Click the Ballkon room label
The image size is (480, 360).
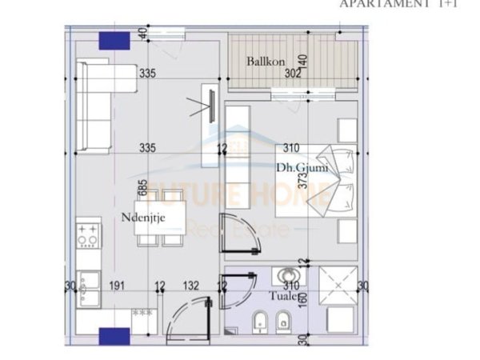(x=262, y=61)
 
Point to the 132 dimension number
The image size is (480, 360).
(x=190, y=285)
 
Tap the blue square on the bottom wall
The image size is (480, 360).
(x=114, y=337)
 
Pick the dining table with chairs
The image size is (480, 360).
(x=161, y=219)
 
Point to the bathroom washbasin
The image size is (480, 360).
(x=284, y=276)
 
